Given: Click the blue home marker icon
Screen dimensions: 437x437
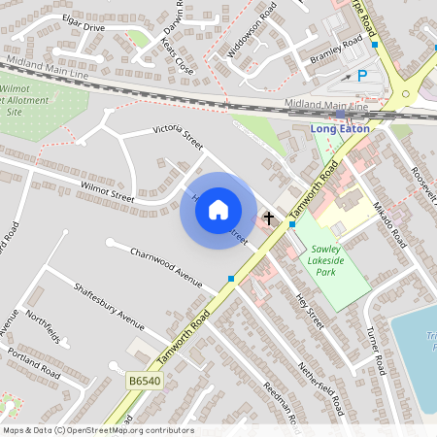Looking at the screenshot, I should tap(218, 210).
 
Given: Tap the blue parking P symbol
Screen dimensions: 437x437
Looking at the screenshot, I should tap(362, 75).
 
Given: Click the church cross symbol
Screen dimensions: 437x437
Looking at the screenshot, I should tap(269, 218).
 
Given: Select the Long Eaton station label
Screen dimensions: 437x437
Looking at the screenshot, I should tap(341, 128).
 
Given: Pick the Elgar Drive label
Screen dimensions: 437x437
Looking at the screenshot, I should tap(83, 27).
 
